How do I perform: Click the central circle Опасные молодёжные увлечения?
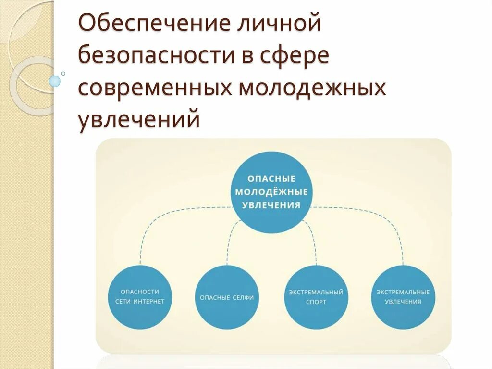(x=271, y=192)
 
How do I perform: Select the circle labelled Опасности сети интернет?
(x=140, y=296)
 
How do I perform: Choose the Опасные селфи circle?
(x=227, y=297)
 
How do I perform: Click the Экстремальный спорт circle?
(x=315, y=297)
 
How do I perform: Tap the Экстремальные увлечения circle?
(x=403, y=297)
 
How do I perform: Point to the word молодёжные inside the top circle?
(x=271, y=191)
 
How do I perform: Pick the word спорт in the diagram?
(x=315, y=302)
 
